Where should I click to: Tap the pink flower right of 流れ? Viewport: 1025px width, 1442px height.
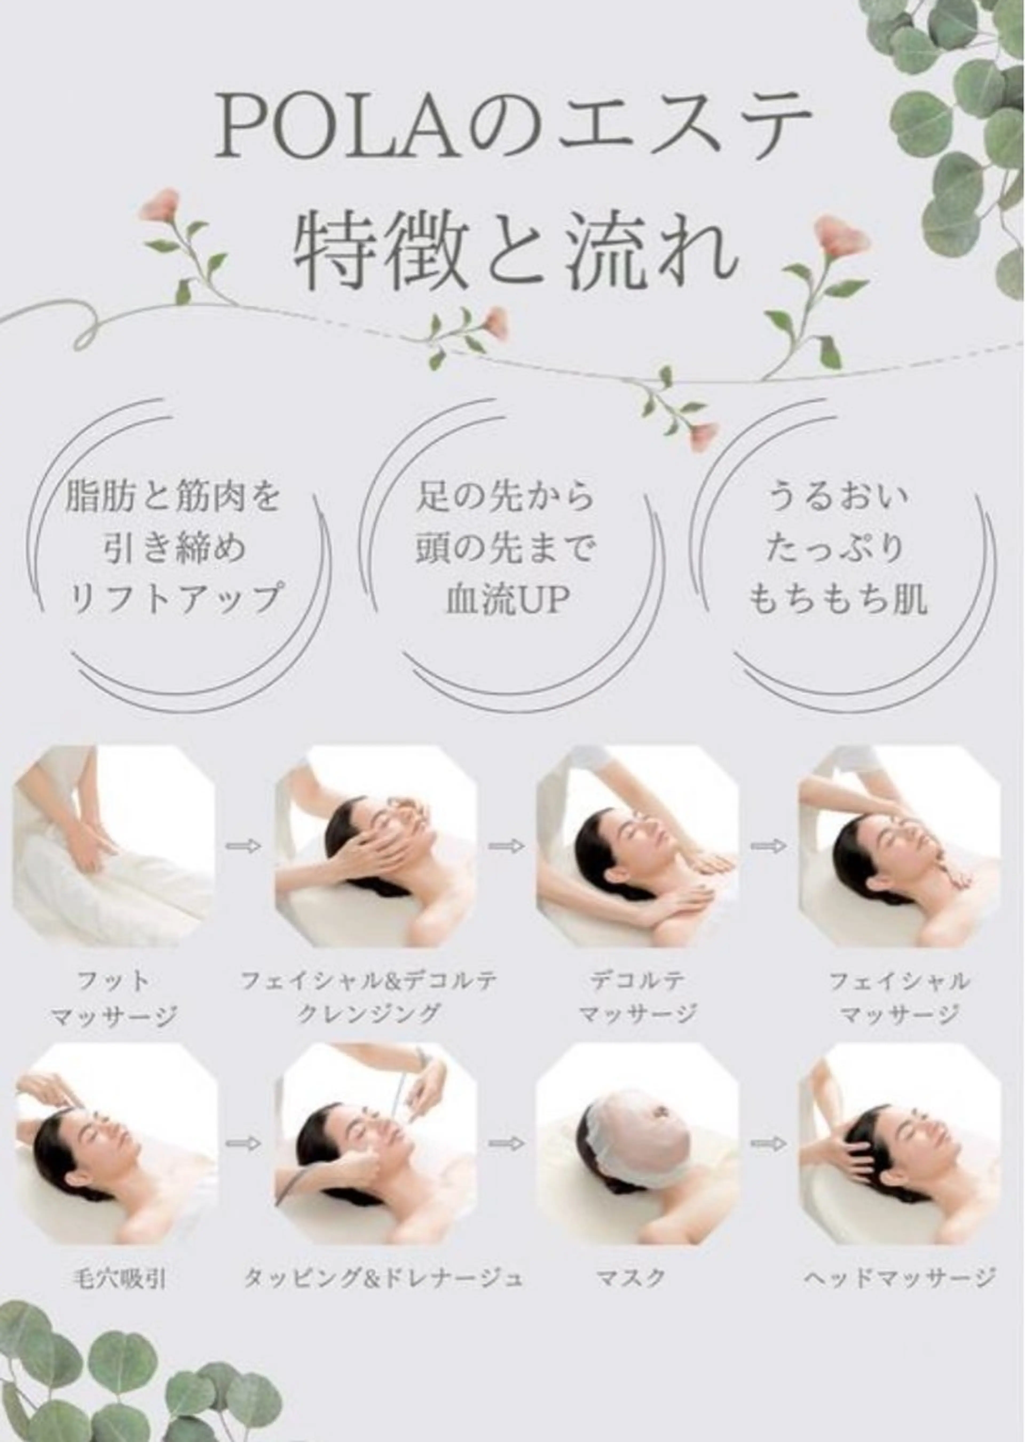(841, 237)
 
